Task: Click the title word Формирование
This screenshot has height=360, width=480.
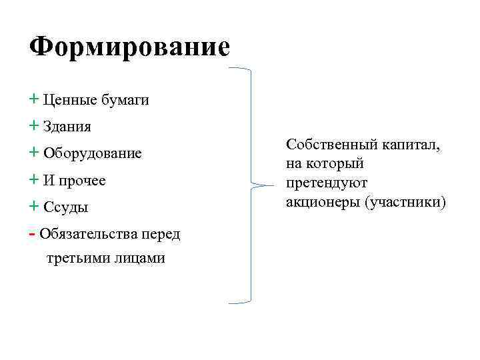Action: click(130, 47)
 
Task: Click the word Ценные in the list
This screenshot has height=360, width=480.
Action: click(69, 101)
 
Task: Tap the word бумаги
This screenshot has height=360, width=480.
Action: click(125, 101)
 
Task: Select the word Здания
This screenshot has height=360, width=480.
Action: click(67, 127)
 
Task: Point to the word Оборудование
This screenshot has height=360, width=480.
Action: click(93, 154)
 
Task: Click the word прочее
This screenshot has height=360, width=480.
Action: click(83, 181)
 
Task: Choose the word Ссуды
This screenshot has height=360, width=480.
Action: click(66, 207)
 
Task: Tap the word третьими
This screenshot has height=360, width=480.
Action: click(76, 258)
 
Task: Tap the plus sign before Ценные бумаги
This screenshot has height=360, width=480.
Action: click(34, 100)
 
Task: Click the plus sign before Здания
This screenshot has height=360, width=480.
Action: click(34, 126)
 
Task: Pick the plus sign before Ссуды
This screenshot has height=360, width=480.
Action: click(34, 207)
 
